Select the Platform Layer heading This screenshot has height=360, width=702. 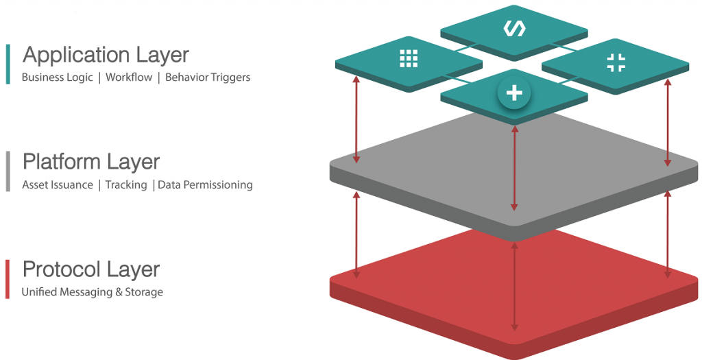tap(91, 162)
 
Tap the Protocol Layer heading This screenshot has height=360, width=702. tap(91, 269)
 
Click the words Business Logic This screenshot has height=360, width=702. tap(58, 77)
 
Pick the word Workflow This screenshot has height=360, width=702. tap(129, 77)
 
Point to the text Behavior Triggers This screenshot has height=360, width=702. tap(208, 77)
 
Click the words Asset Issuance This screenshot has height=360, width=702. tap(58, 185)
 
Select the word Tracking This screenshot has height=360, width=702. tap(126, 185)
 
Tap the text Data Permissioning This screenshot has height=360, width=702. tap(206, 185)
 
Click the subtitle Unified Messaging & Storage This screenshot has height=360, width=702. tap(93, 292)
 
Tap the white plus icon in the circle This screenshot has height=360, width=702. tap(514, 93)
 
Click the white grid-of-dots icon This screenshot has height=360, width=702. tap(409, 59)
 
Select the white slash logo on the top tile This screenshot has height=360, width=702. tap(514, 28)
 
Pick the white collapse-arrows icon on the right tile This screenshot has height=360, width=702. tap(616, 62)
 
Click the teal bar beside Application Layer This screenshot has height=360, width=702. tap(8, 64)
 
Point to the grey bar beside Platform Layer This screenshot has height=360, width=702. tap(8, 171)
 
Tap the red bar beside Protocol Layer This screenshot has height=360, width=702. tap(8, 279)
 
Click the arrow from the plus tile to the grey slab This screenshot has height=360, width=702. tap(514, 168)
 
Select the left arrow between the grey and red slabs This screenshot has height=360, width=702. tap(356, 235)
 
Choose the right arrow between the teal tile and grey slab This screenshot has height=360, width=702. tap(668, 123)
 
